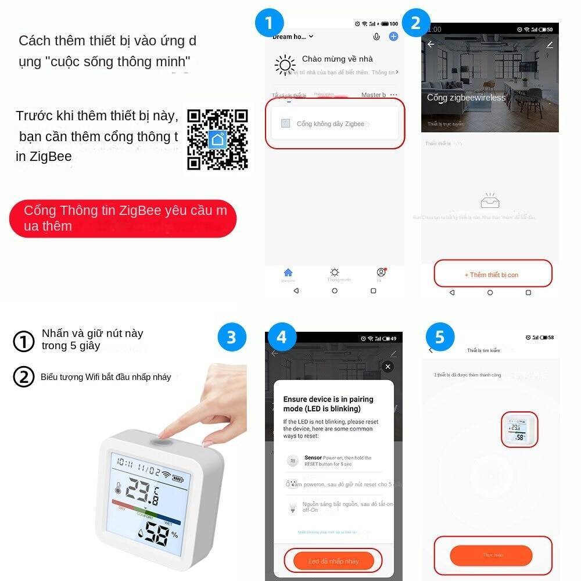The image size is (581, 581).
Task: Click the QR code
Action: coord(217,139)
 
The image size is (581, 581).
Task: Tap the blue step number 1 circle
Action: coord(269,24)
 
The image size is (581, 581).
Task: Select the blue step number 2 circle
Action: coord(415,24)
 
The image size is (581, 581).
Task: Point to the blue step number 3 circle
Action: coord(231,338)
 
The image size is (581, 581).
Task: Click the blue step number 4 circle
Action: coord(281,338)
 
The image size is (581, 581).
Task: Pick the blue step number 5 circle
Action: coord(439,338)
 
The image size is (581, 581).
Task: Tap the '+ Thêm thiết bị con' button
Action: coord(493,274)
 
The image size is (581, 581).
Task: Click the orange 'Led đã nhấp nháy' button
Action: coord(333,561)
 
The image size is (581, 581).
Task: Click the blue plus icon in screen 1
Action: coord(393,37)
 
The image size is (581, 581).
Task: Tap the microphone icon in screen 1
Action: coord(376,37)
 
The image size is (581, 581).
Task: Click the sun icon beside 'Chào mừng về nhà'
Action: coord(285,65)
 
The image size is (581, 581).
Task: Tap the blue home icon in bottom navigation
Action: coord(288,272)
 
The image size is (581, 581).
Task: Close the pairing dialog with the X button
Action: coord(388,367)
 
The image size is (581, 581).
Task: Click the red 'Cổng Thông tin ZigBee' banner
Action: coord(123,218)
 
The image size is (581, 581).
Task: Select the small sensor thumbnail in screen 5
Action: coord(519,429)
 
